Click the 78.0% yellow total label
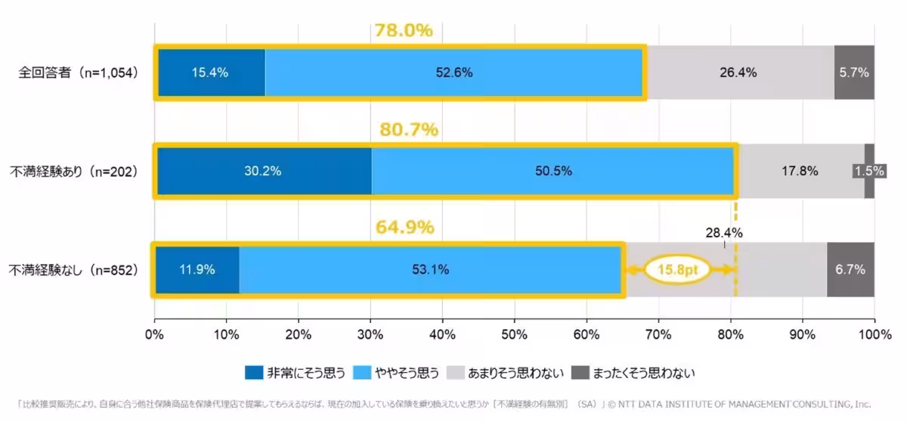404,31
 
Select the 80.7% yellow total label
408,129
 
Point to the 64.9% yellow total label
404,227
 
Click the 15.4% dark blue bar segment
211,73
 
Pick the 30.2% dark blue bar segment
263,171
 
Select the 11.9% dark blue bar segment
197,269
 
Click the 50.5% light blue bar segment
553,171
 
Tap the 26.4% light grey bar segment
738,73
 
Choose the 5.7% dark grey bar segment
854,73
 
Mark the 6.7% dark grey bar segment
850,269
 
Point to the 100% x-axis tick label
874,334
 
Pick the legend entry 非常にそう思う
296,373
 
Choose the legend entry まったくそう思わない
632,373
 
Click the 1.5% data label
869,171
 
